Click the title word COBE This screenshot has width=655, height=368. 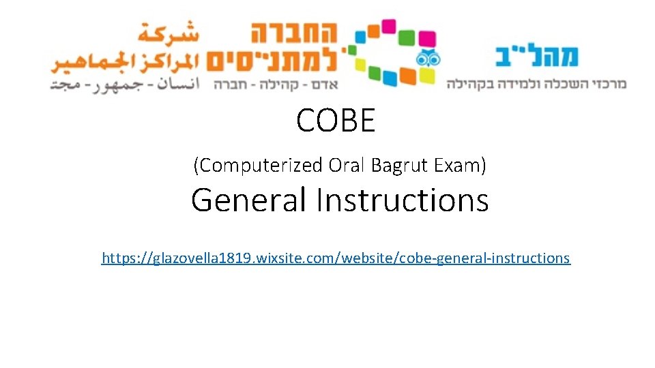(336, 121)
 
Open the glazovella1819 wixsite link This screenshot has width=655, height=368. (336, 258)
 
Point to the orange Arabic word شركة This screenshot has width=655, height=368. (167, 32)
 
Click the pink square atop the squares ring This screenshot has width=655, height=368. (387, 26)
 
